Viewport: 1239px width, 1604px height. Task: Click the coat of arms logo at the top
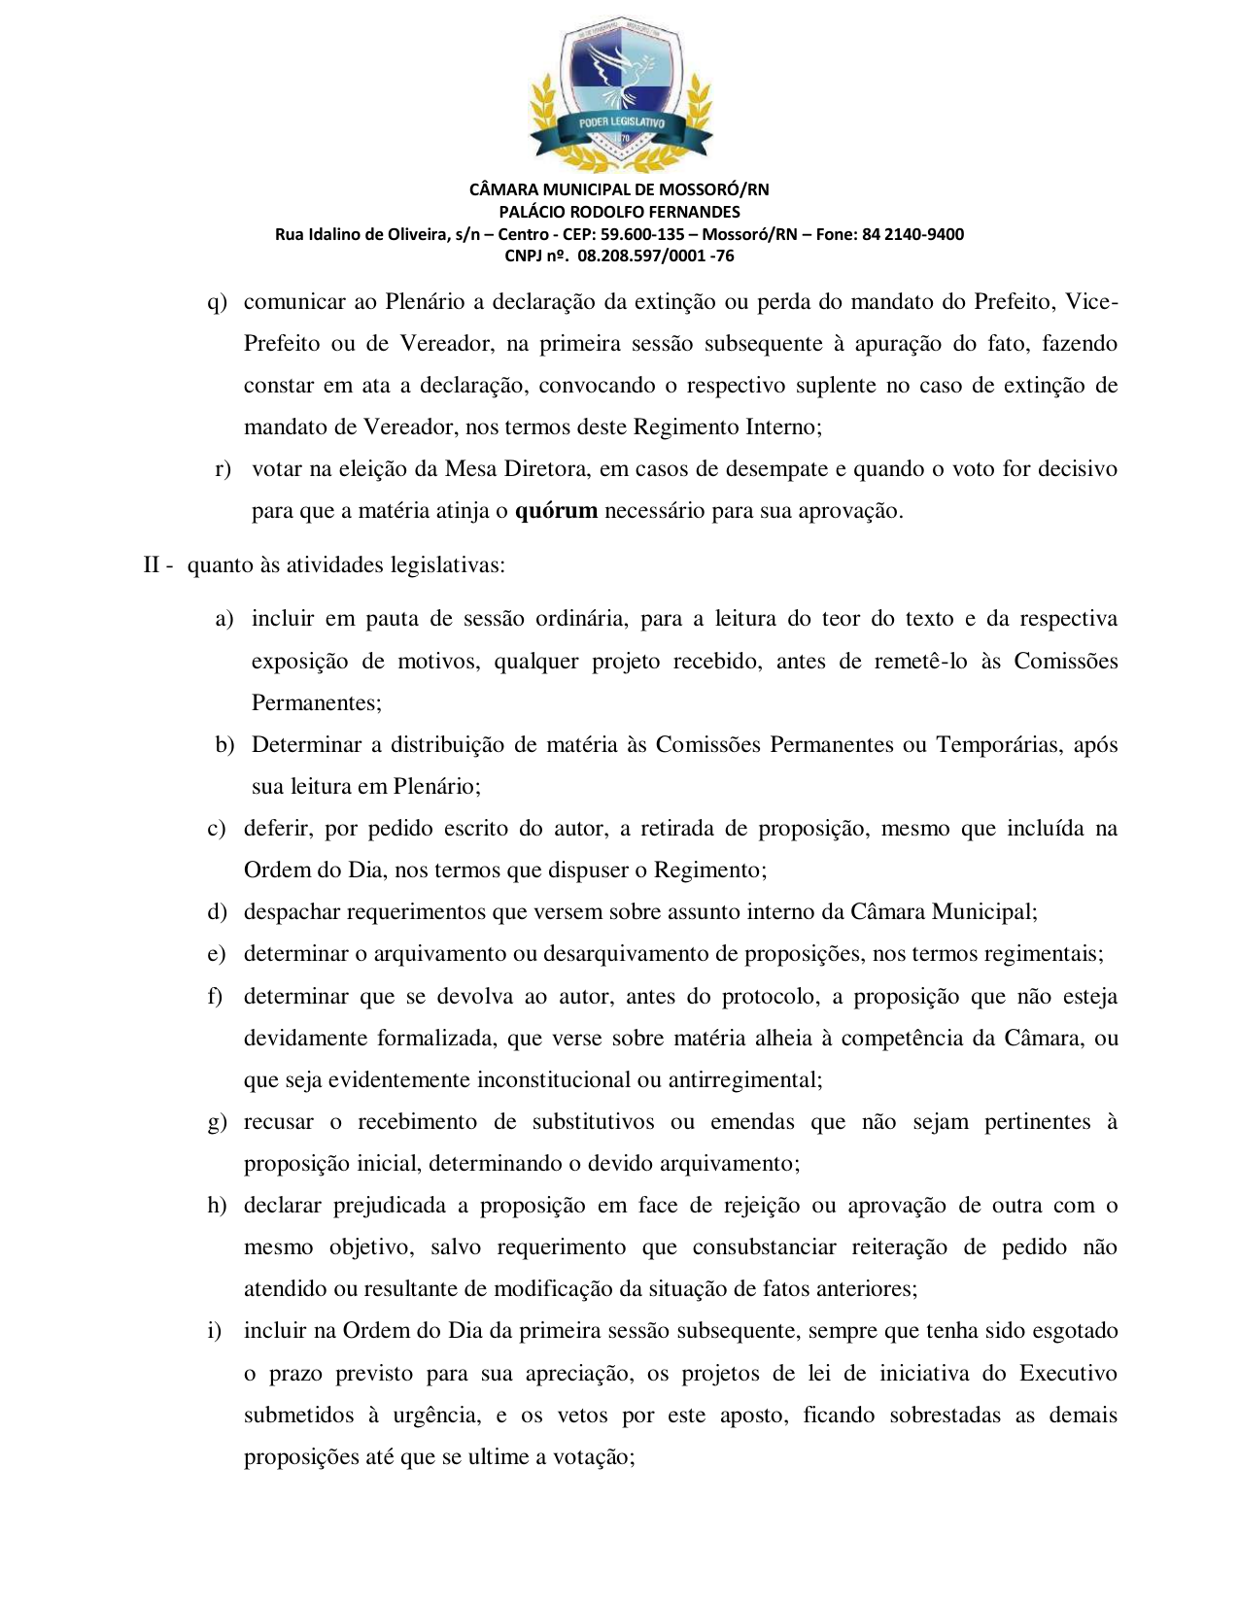pyautogui.click(x=619, y=93)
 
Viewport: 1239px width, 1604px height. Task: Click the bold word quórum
pyautogui.click(x=556, y=511)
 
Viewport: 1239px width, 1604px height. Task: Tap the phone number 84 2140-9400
pyautogui.click(x=912, y=234)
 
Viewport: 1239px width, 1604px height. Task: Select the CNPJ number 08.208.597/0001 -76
pyautogui.click(x=656, y=256)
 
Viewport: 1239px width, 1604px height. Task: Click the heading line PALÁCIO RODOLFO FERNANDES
pyautogui.click(x=619, y=212)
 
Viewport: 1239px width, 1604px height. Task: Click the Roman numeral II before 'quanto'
pyautogui.click(x=152, y=565)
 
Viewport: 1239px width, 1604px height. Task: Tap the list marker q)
pyautogui.click(x=217, y=302)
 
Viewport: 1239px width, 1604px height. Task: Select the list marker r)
pyautogui.click(x=223, y=469)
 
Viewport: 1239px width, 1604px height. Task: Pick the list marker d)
pyautogui.click(x=217, y=912)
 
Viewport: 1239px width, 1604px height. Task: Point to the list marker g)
pyautogui.click(x=217, y=1122)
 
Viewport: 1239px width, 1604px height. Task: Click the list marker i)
pyautogui.click(x=215, y=1331)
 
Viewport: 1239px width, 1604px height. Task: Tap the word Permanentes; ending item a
pyautogui.click(x=317, y=703)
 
